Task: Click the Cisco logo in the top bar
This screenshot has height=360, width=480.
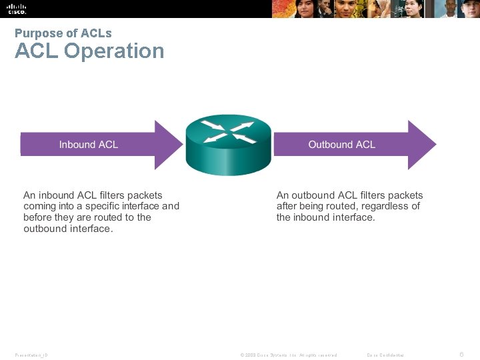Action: point(17,9)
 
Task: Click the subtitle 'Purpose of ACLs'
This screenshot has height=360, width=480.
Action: point(63,33)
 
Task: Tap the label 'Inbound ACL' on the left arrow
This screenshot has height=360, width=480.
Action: point(88,144)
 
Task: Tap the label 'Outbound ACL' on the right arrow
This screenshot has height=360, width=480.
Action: point(341,144)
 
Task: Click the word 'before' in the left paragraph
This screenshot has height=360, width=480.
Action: point(38,217)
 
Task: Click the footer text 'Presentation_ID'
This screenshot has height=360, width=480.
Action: point(31,355)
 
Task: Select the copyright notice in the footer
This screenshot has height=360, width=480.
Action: point(288,355)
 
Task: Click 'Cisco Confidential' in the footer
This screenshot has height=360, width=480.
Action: point(385,355)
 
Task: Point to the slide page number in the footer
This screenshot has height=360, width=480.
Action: point(461,354)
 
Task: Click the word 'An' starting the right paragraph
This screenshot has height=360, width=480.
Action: point(283,195)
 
